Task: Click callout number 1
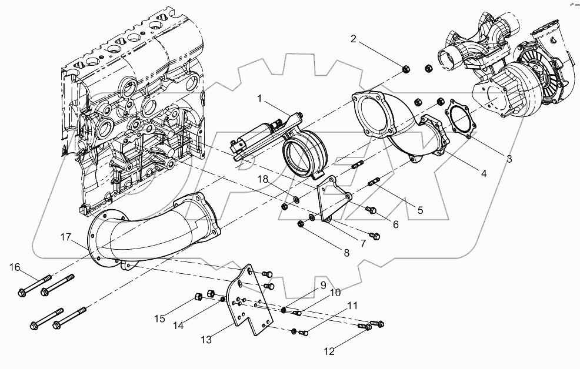tap(259, 99)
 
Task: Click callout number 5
tap(419, 209)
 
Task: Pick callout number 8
tap(346, 253)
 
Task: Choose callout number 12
tap(328, 351)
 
